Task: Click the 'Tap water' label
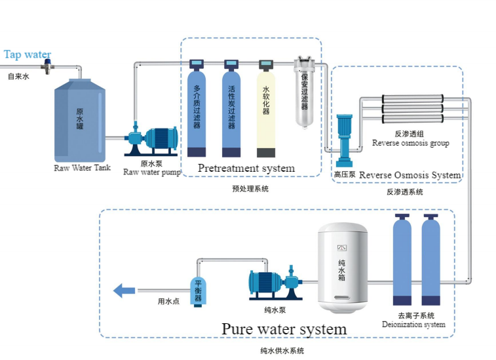point(28,55)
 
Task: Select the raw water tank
point(79,121)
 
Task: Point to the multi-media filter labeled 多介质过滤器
point(197,108)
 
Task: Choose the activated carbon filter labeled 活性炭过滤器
point(231,108)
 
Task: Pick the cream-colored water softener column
point(266,108)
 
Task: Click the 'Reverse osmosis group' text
point(410,143)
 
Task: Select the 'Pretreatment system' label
point(246,169)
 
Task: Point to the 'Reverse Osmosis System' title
point(410,175)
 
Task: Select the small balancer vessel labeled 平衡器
point(199,289)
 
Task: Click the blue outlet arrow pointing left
point(124,290)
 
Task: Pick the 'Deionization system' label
point(413,325)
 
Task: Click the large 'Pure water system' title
point(284,329)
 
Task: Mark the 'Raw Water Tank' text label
point(83,168)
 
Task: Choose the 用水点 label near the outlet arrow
point(168,302)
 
